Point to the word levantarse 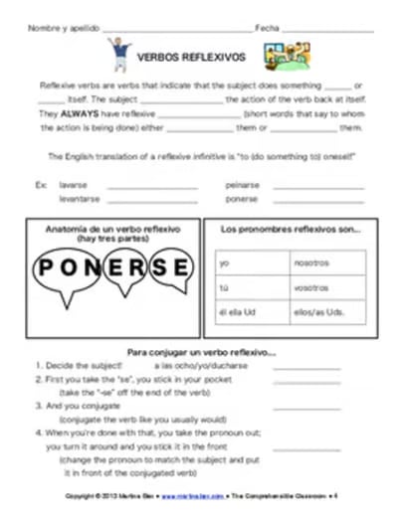pyautogui.click(x=79, y=198)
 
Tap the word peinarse pyautogui.click(x=241, y=185)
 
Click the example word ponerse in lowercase pyautogui.click(x=241, y=198)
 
